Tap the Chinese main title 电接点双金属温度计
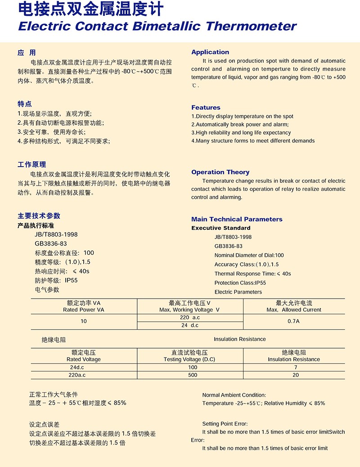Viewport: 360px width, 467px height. click(90, 9)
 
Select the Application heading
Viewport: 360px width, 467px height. click(210, 52)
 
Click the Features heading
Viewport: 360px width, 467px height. click(206, 108)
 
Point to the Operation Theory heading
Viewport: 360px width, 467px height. click(220, 172)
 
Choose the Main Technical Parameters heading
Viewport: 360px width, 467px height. click(237, 219)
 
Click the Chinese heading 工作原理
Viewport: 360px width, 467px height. click(31, 164)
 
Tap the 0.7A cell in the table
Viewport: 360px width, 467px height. click(293, 321)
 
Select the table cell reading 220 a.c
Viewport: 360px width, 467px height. click(189, 317)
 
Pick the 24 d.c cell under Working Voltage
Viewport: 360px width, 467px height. click(189, 325)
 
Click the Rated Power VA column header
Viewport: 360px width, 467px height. click(84, 310)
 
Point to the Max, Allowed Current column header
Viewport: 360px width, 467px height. click(294, 310)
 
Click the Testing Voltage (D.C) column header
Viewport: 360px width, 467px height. click(189, 359)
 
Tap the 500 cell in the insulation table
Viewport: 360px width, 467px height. click(193, 375)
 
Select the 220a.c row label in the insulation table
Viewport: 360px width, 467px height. click(77, 375)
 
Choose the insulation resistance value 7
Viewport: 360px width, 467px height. click(295, 367)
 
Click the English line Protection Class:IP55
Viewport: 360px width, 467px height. click(240, 283)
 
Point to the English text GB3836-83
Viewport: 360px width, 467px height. click(228, 246)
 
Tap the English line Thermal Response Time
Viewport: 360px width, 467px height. click(252, 274)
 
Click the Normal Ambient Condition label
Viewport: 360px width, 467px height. click(234, 395)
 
